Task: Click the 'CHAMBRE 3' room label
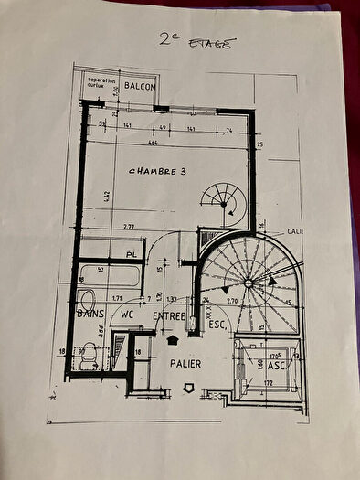click(160, 171)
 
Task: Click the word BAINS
click(90, 315)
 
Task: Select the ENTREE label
click(169, 316)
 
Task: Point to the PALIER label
click(185, 364)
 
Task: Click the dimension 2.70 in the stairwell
click(231, 299)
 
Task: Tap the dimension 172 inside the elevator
click(269, 381)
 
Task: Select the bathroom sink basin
click(87, 299)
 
